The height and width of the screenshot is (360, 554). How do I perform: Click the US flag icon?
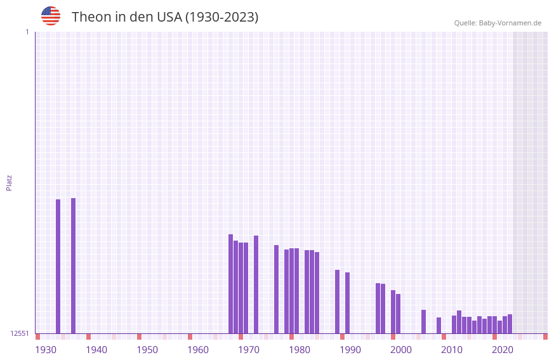pos(51,16)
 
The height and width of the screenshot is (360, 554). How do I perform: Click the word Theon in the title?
pos(91,17)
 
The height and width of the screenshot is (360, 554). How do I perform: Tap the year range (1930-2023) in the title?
pos(221,17)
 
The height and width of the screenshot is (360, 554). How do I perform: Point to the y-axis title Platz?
pos(9,182)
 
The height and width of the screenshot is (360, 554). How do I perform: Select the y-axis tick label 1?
pos(27,32)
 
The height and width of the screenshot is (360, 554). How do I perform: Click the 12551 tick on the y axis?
pos(20,333)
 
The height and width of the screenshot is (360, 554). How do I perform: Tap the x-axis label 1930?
pos(46,350)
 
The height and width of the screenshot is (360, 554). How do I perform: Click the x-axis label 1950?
pos(147,350)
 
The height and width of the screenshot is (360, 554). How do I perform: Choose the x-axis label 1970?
pos(249,350)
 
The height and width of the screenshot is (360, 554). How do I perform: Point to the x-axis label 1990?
pos(350,350)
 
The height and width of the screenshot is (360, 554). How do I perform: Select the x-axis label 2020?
pos(503,350)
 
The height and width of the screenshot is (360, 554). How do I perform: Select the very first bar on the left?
pos(58,266)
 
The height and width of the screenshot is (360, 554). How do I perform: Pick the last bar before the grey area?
pos(510,324)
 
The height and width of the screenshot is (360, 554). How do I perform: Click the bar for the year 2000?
pos(398,314)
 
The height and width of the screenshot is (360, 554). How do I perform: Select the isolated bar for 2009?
pos(439,325)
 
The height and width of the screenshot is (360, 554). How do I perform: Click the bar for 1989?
pos(347,303)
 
